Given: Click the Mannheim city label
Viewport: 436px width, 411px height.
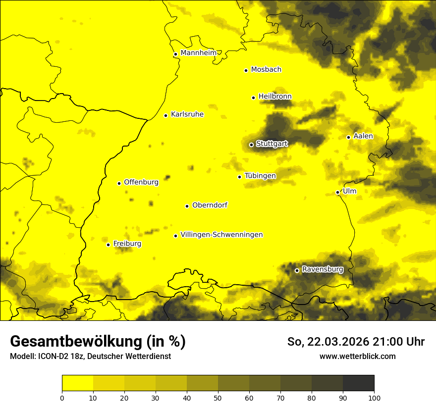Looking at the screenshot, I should pyautogui.click(x=198, y=52).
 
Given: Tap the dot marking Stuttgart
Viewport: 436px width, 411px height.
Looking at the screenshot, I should pyautogui.click(x=251, y=145).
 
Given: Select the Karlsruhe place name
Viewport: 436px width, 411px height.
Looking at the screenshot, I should pyautogui.click(x=187, y=114).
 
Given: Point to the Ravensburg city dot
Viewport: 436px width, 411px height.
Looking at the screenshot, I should pyautogui.click(x=297, y=270).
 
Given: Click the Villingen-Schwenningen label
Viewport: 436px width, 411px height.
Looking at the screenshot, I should pyautogui.click(x=221, y=235).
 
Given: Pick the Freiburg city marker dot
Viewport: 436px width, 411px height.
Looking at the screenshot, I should pyautogui.click(x=108, y=245).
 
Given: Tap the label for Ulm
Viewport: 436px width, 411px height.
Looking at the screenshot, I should pyautogui.click(x=349, y=191).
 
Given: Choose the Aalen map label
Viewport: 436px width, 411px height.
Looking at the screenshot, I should pyautogui.click(x=363, y=136).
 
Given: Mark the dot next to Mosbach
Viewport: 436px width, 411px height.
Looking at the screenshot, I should pyautogui.click(x=246, y=70).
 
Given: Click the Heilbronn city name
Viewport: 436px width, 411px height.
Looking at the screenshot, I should pyautogui.click(x=275, y=97).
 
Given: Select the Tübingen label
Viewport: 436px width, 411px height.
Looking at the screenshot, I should pyautogui.click(x=260, y=176).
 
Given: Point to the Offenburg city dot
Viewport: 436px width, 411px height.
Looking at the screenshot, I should pyautogui.click(x=119, y=183).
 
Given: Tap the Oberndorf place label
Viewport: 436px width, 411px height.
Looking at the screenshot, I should pyautogui.click(x=210, y=205).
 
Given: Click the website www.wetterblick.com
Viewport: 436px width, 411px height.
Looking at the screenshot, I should pyautogui.click(x=357, y=356).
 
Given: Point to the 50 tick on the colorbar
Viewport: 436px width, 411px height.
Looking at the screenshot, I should pyautogui.click(x=218, y=397).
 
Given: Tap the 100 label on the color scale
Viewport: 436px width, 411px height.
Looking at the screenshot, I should pyautogui.click(x=374, y=397).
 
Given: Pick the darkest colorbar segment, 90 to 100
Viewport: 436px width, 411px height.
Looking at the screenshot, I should pyautogui.click(x=358, y=383).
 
